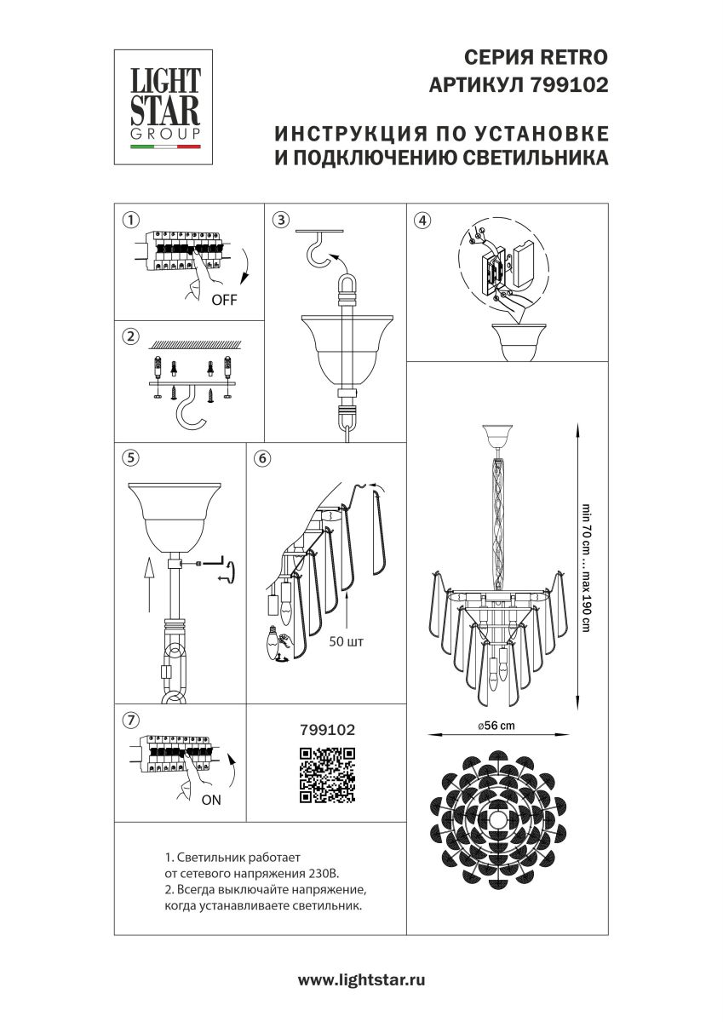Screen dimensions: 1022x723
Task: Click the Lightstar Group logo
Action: point(164,107)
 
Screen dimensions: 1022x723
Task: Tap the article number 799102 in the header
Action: point(569,85)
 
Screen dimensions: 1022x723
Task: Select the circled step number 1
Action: point(129,219)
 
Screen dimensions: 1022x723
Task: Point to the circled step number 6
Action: point(262,458)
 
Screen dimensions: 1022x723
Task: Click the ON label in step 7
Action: point(211,800)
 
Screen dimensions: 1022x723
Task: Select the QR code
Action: point(327,774)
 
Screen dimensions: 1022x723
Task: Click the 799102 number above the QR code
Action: point(327,730)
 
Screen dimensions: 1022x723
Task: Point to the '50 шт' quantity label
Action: point(346,642)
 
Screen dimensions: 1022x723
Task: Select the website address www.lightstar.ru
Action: point(361,980)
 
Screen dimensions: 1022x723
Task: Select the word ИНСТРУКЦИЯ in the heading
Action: point(349,135)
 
